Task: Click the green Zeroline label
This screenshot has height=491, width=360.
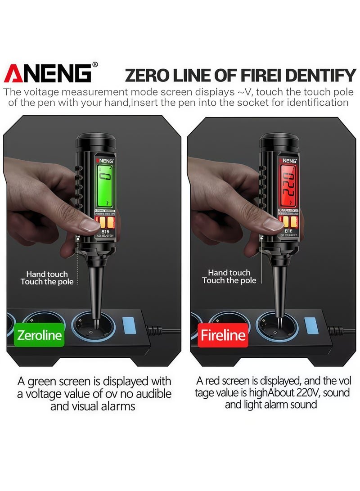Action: (39, 335)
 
